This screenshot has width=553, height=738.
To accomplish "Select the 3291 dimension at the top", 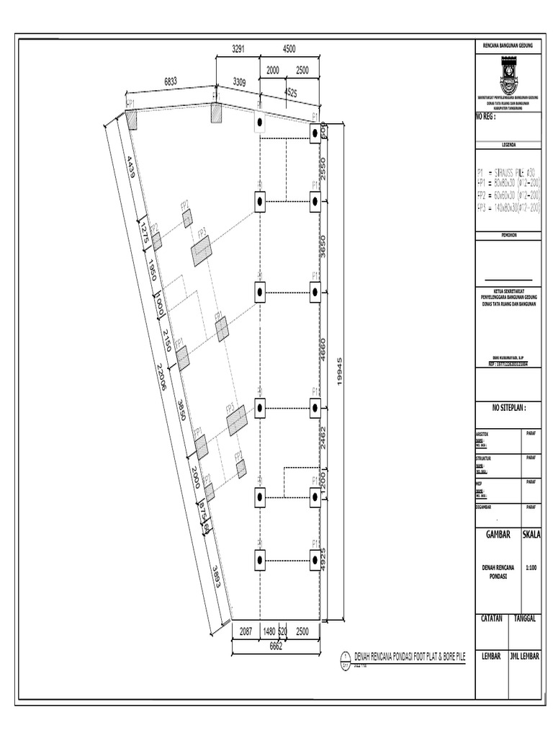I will click(238, 49).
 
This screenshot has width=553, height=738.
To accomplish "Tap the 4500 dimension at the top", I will click(288, 49).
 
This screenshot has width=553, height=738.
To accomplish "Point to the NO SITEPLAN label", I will click(510, 407).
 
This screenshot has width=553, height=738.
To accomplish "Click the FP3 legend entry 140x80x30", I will click(508, 208).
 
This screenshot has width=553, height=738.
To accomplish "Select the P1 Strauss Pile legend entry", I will click(508, 173).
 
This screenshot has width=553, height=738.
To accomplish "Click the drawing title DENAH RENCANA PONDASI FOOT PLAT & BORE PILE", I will click(410, 657).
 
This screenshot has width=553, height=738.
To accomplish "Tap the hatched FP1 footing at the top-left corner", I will click(131, 118).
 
